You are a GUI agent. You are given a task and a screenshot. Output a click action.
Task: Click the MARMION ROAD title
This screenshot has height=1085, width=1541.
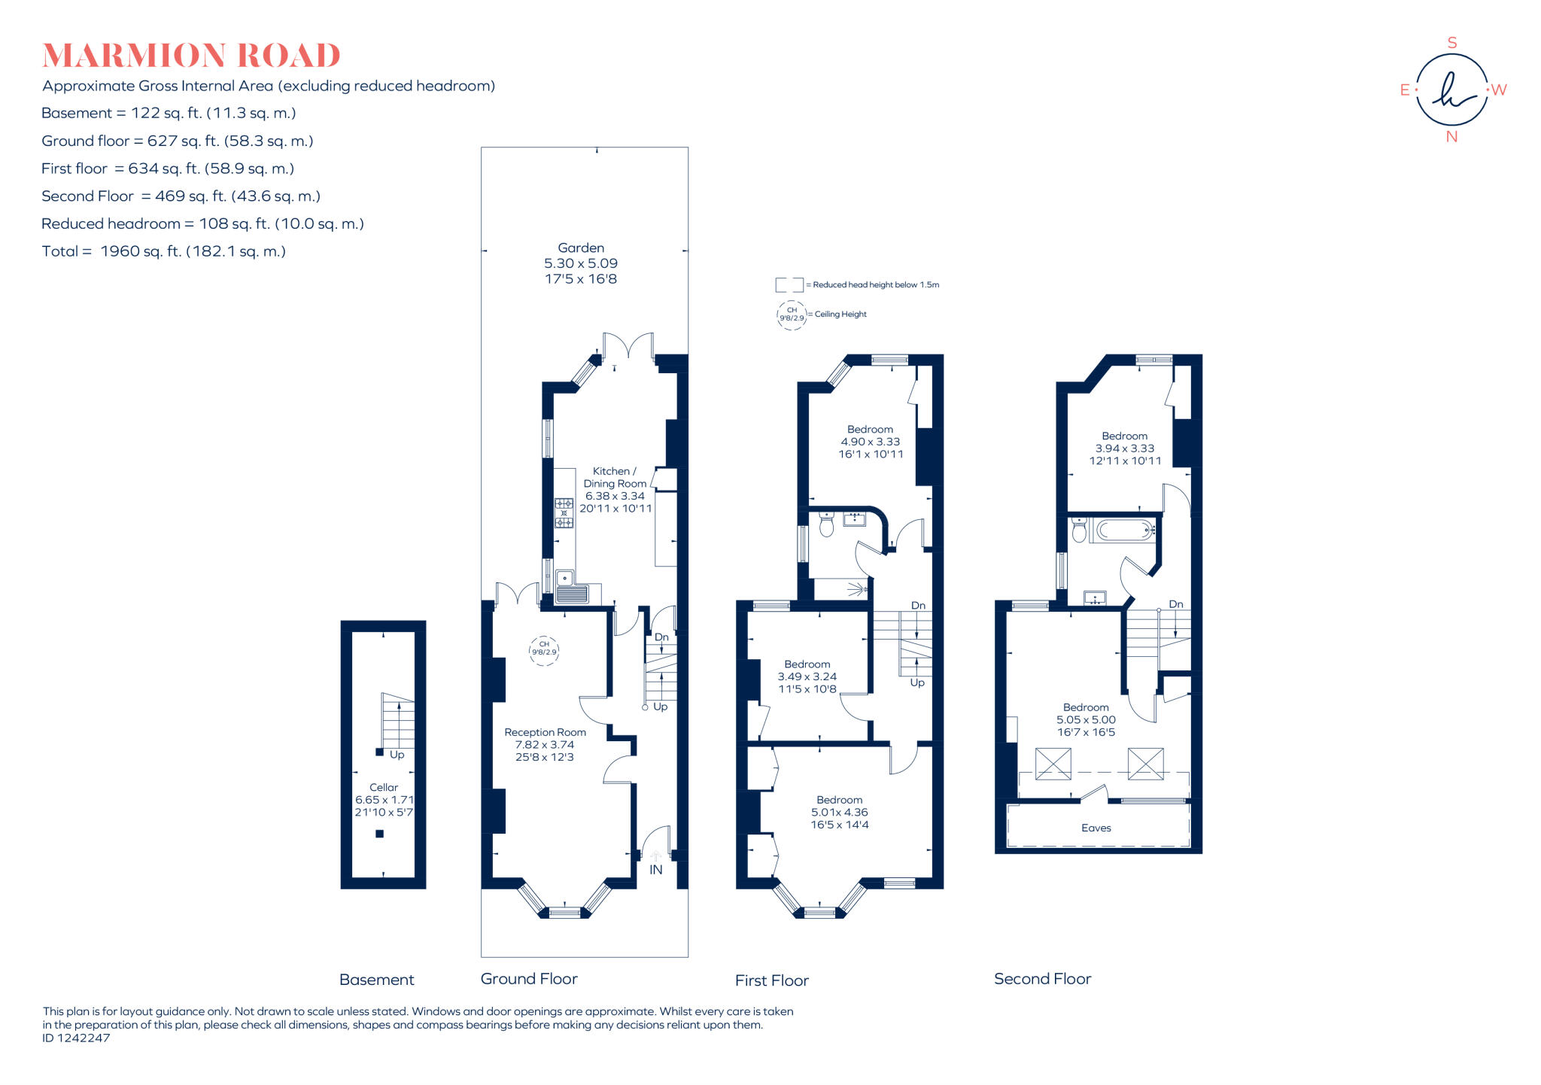click(191, 56)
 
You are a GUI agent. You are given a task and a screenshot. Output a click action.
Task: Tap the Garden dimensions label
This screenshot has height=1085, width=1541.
click(581, 263)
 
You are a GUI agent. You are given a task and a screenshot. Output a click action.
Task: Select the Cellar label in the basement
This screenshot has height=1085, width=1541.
click(384, 800)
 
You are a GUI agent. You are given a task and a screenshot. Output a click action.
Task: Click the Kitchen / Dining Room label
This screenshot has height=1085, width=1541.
click(615, 490)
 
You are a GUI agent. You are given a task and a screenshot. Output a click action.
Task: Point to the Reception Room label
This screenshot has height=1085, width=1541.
click(545, 744)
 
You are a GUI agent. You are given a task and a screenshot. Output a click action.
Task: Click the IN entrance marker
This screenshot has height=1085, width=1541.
click(656, 869)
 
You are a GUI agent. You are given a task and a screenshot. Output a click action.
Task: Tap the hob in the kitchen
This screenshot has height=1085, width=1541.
click(564, 513)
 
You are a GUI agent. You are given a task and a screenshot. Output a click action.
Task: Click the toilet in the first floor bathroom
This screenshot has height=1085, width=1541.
click(827, 524)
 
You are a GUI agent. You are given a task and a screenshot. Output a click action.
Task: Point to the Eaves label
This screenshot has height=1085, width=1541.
click(1096, 828)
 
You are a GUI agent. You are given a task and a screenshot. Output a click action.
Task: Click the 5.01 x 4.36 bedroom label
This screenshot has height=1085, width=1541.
click(840, 813)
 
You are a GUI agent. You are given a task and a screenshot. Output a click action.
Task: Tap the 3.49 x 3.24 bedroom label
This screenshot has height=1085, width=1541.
click(807, 676)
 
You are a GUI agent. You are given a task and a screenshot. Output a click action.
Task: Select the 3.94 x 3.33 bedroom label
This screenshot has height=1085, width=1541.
click(1125, 448)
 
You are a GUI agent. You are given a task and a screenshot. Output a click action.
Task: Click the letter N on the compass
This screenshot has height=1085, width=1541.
click(1451, 137)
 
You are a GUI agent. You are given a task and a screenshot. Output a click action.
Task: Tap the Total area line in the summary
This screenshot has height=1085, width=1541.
click(164, 251)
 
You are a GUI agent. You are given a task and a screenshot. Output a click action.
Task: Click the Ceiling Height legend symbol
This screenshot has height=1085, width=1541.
click(792, 315)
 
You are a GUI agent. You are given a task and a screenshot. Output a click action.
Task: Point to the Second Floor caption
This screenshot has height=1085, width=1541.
click(1042, 979)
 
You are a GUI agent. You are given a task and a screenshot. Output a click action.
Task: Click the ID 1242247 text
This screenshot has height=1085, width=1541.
click(76, 1038)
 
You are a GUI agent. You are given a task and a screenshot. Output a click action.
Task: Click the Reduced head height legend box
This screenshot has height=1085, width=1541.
click(789, 285)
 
